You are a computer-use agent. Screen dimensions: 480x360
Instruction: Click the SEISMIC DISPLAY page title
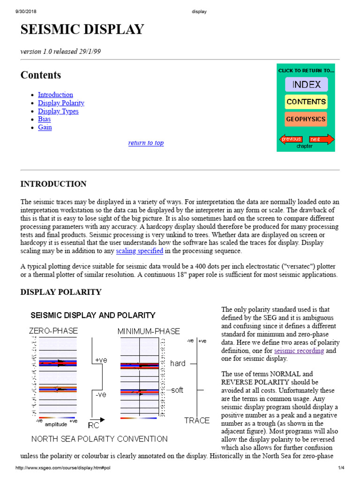[82, 30]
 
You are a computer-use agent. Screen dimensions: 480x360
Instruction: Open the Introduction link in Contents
[55, 95]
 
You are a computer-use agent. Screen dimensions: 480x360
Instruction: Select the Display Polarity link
[61, 103]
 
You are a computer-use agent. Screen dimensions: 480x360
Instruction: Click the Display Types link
[58, 111]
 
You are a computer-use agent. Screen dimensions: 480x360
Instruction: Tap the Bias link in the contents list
[44, 119]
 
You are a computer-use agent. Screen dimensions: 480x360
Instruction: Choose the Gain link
[45, 127]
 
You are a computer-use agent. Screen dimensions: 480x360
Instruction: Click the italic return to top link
[146, 143]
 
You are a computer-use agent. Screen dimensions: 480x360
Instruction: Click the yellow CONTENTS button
[306, 102]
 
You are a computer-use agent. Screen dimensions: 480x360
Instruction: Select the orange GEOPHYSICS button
[306, 119]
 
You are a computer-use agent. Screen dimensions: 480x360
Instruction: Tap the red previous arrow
[291, 139]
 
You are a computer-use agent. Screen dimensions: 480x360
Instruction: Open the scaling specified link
[140, 251]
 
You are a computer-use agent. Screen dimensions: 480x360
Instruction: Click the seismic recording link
[299, 351]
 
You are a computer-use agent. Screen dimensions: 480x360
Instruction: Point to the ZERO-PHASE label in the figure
[53, 331]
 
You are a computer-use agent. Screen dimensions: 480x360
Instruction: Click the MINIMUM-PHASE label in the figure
[149, 331]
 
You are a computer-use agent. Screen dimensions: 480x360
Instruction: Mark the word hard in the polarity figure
[178, 363]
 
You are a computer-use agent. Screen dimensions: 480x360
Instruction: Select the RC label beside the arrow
[94, 426]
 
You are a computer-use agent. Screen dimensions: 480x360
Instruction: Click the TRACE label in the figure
[197, 420]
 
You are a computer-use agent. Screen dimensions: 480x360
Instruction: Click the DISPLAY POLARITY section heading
[60, 292]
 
